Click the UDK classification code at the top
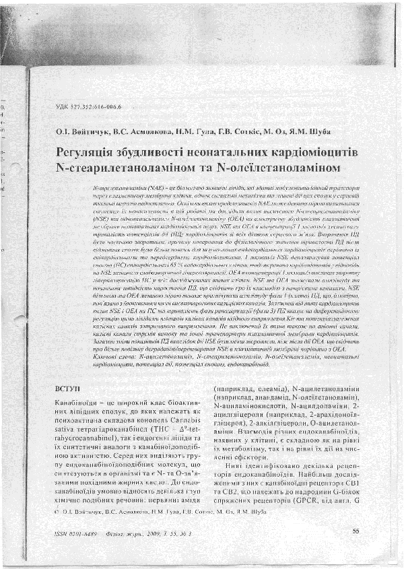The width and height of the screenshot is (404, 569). pyautogui.click(x=86, y=108)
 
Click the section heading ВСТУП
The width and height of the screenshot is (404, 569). pyautogui.click(x=67, y=389)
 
